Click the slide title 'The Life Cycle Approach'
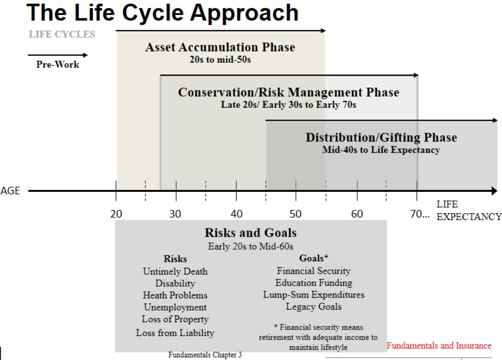tap(163, 12)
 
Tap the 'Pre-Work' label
tap(58, 65)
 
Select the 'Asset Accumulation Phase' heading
tap(220, 47)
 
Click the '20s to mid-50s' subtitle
tap(220, 59)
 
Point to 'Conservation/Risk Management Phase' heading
tap(288, 92)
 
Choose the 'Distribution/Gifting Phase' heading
tap(381, 138)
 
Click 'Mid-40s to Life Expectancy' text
tap(381, 150)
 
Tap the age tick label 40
tap(236, 214)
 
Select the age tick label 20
tap(116, 214)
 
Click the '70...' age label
tap(420, 214)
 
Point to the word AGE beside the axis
tap(10, 191)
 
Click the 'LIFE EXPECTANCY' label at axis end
tap(468, 211)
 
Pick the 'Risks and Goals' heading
tap(251, 233)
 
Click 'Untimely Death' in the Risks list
tap(175, 272)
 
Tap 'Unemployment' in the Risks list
tap(175, 307)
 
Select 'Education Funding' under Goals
tap(314, 283)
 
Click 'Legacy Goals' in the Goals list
tap(314, 306)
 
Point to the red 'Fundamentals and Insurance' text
tap(439, 346)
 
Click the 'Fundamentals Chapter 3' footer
tap(205, 355)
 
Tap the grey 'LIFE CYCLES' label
tap(62, 34)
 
